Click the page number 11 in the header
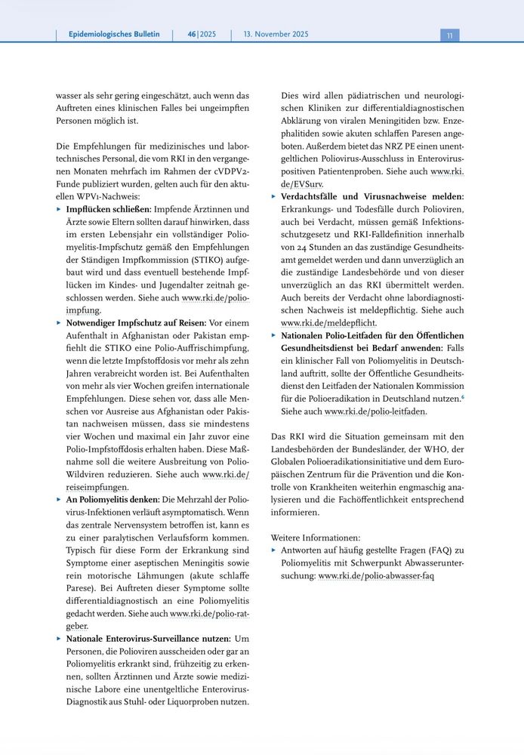tap(448, 35)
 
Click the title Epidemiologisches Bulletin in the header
tap(114, 35)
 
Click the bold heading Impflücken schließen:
tap(109, 209)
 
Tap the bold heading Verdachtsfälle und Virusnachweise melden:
tap(373, 196)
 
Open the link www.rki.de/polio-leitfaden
tap(375, 411)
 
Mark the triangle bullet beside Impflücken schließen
tap(59, 209)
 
